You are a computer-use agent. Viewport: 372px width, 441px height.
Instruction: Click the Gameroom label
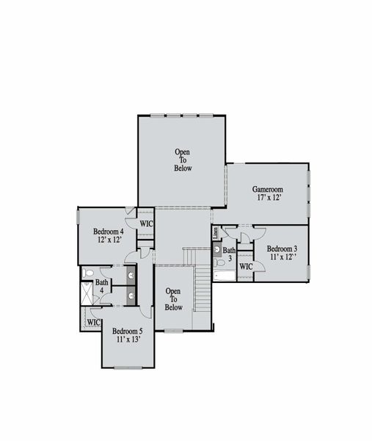point(268,189)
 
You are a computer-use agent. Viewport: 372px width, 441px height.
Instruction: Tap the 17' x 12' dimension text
point(268,198)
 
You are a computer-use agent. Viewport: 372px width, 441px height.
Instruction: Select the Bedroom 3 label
point(282,249)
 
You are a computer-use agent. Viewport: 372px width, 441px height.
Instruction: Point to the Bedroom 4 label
point(108,232)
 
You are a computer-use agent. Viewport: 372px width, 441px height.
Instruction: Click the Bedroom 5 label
point(128,331)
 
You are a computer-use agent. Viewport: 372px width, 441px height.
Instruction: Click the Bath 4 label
point(102,286)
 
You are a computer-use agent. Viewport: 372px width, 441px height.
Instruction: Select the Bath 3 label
point(230,254)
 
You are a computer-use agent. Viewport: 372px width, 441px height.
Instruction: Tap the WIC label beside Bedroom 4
point(146,223)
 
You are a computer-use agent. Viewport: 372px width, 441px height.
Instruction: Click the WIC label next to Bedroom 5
point(93,322)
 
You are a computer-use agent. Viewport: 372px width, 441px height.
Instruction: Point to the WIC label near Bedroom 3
point(246,266)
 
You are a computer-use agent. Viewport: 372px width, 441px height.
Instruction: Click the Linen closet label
point(215,232)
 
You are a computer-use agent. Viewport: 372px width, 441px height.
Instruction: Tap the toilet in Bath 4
point(88,274)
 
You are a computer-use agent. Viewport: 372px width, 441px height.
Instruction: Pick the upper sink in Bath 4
point(131,276)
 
